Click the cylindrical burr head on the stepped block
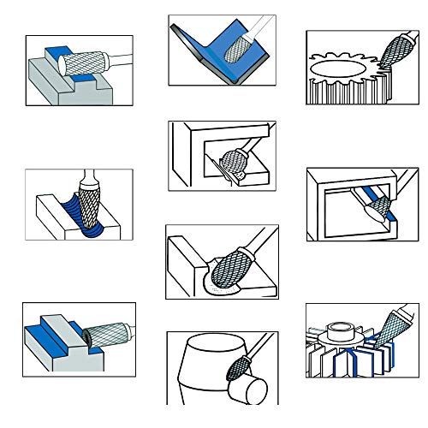(x=86, y=63)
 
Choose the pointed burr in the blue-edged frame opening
(x=374, y=205)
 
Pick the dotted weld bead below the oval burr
(x=218, y=290)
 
